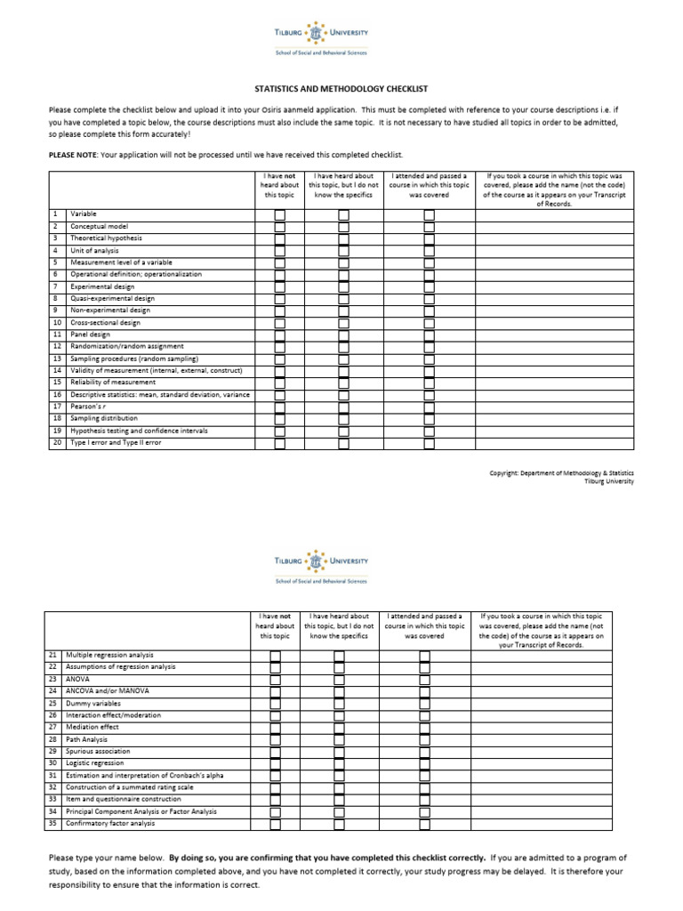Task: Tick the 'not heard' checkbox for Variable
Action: [x=280, y=215]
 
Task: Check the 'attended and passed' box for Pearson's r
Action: [x=429, y=406]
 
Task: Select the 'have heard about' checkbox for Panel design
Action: [x=343, y=335]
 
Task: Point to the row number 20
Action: [x=57, y=442]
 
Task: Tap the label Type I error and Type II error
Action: [x=116, y=442]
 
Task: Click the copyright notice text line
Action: [x=562, y=472]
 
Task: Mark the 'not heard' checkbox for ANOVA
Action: [x=275, y=680]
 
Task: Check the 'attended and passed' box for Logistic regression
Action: [x=424, y=763]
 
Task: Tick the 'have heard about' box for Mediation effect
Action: [x=338, y=727]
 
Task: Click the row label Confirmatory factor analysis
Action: [x=110, y=823]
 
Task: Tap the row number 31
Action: [x=52, y=775]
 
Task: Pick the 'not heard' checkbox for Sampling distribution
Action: [x=280, y=418]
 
